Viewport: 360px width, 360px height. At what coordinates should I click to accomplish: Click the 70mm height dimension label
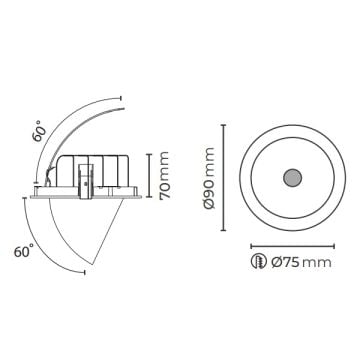164,176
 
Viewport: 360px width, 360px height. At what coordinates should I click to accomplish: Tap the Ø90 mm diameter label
210,178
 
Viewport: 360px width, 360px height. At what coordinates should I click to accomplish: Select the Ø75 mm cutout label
301,262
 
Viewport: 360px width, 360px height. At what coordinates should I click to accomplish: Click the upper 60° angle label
40,131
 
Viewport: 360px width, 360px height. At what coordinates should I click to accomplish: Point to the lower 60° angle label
24,251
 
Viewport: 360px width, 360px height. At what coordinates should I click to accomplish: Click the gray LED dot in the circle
292,178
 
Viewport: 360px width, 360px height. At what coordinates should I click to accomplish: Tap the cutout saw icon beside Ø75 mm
259,261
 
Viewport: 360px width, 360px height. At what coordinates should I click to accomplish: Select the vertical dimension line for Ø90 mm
223,178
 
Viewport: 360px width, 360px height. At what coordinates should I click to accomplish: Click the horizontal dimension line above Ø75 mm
292,246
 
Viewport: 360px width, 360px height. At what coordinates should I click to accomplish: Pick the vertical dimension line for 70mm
149,175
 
